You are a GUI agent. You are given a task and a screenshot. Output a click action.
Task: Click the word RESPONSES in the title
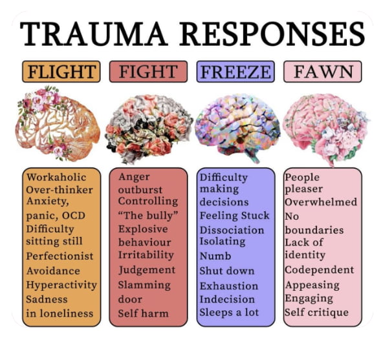[267, 32]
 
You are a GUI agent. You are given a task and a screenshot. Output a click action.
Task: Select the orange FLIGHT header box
[61, 70]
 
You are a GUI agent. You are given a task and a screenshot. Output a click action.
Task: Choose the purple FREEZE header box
[237, 70]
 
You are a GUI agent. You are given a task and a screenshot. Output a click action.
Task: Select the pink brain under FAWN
[323, 126]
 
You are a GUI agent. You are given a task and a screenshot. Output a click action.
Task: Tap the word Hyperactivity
[61, 284]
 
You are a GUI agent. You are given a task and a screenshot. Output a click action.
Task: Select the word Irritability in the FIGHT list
[146, 256]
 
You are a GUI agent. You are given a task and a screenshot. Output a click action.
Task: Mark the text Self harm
[143, 313]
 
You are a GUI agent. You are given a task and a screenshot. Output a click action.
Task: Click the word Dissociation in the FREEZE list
[232, 229]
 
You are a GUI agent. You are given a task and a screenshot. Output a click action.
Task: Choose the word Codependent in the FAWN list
[319, 270]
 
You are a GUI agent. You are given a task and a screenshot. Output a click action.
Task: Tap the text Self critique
[316, 313]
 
